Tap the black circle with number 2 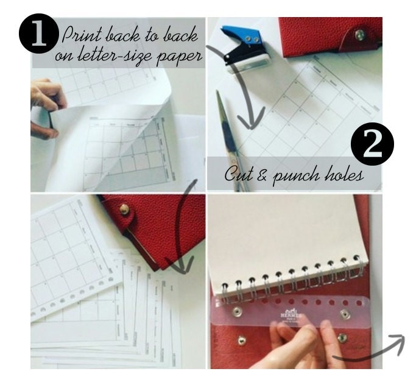(372, 146)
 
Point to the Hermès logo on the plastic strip (290, 314)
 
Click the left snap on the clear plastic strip (238, 312)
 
